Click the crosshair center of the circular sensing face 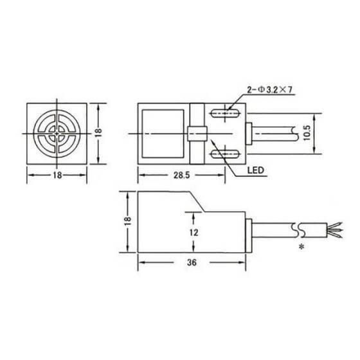tap(55, 134)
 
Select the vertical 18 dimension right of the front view tap(97, 134)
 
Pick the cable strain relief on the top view tap(247, 134)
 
